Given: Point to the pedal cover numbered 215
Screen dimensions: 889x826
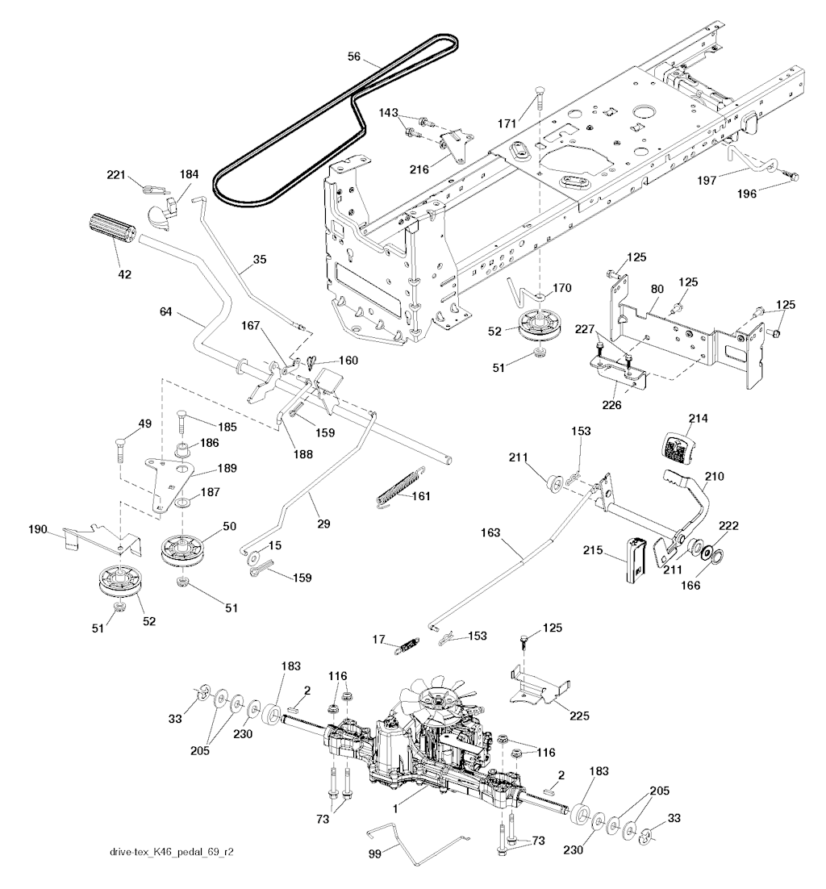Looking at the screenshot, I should click(x=636, y=557).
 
